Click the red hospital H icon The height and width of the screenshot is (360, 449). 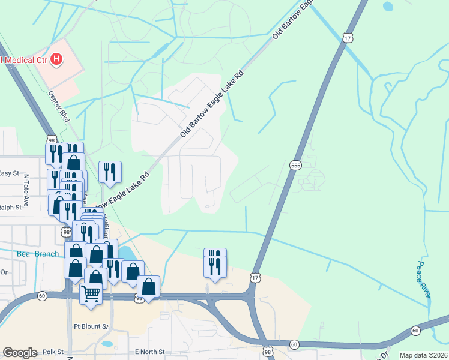[x=56, y=59]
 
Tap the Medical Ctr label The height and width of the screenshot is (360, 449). [x=24, y=59]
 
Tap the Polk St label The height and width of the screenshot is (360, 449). [x=53, y=351]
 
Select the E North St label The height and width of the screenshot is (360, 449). [x=149, y=351]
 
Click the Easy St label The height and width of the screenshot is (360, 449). [x=10, y=173]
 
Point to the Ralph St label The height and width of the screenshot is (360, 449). [x=11, y=208]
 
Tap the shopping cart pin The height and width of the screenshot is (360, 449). [x=91, y=293]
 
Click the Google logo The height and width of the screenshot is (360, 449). [x=20, y=353]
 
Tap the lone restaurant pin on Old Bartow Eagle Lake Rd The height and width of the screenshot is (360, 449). [x=110, y=172]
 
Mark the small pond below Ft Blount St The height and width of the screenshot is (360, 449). [x=107, y=344]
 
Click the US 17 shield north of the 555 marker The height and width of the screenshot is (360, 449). [x=348, y=38]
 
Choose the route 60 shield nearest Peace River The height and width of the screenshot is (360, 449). [x=415, y=331]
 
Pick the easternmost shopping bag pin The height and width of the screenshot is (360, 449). [x=149, y=286]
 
